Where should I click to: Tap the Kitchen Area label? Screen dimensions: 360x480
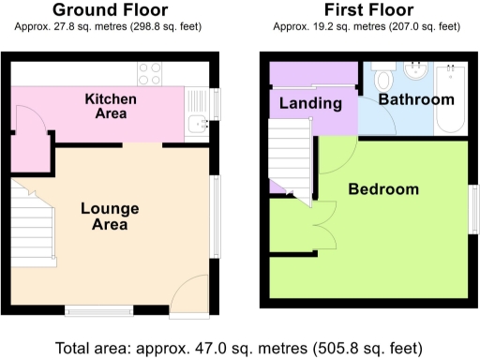tap(111, 106)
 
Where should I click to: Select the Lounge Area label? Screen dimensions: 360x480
tap(110, 216)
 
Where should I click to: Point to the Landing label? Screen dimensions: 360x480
tap(310, 103)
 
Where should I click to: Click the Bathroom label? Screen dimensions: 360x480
tap(417, 99)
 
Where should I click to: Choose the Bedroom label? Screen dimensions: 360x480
tap(383, 189)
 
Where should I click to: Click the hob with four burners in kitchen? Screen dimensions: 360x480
tap(150, 73)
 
